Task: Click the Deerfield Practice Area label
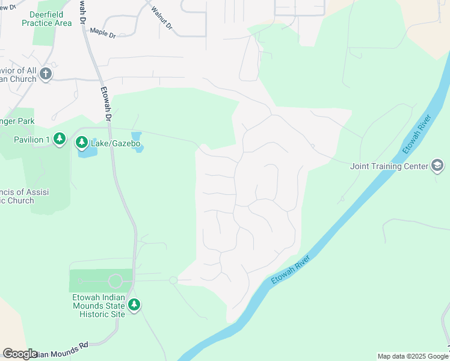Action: coord(46,19)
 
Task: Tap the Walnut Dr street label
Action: coord(162,19)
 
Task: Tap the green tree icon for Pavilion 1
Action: coord(59,140)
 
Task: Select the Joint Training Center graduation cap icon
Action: coord(437,166)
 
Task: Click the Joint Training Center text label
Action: coord(389,166)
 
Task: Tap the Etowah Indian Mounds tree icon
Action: coord(134,305)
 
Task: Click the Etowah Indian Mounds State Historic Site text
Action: coord(96,305)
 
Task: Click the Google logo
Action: coord(19,354)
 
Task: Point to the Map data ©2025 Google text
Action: coord(412,356)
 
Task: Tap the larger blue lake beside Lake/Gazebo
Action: coord(87,151)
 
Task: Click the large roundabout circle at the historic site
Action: coord(115,281)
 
